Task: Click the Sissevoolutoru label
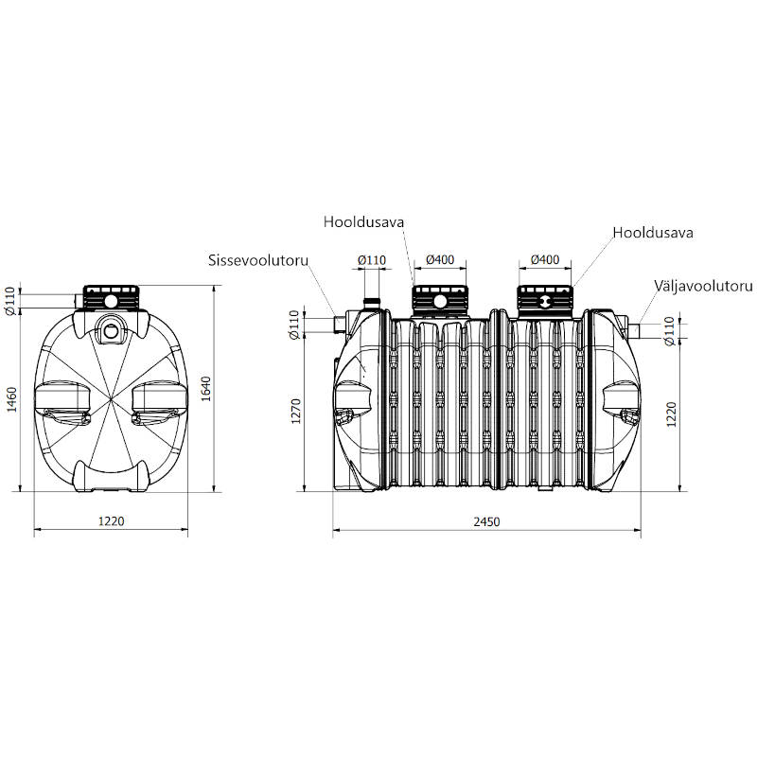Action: pyautogui.click(x=258, y=260)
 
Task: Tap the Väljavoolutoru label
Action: pyautogui.click(x=703, y=286)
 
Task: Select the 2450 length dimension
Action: pyautogui.click(x=486, y=522)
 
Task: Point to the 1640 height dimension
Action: pyautogui.click(x=206, y=389)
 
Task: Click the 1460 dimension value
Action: pyautogui.click(x=12, y=399)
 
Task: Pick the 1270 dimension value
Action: pyautogui.click(x=296, y=411)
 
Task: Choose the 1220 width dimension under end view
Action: pyautogui.click(x=111, y=521)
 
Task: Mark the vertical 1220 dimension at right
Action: pyautogui.click(x=671, y=414)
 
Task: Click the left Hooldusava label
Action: pyautogui.click(x=363, y=222)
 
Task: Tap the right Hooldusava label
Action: pyautogui.click(x=653, y=233)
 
